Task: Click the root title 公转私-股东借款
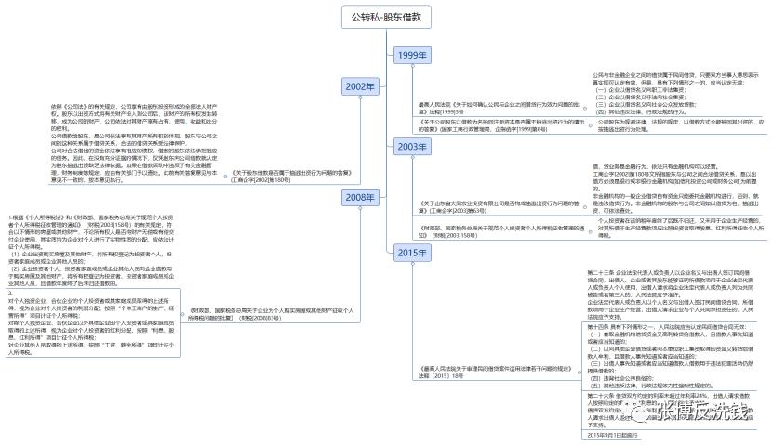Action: pyautogui.click(x=387, y=17)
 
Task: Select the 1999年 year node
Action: pyautogui.click(x=412, y=56)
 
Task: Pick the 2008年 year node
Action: pyautogui.click(x=359, y=197)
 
